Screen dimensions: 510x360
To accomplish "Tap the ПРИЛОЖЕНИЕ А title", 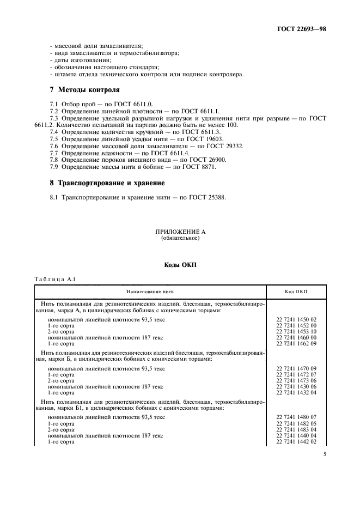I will tap(180, 232).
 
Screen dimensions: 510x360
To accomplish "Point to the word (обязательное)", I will tap(180, 239).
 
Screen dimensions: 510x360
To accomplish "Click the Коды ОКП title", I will tap(180, 265).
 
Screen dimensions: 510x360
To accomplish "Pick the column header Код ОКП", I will tap(296, 292).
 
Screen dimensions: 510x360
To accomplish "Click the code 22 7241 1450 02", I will tap(296, 319).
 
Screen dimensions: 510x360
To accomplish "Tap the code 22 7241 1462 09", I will tap(296, 344).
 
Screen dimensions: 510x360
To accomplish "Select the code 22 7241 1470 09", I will tap(296, 368).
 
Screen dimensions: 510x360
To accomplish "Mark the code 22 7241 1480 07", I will tap(296, 417).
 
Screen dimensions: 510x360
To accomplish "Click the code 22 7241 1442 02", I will tap(296, 441).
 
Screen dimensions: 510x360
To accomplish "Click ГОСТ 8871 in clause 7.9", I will tap(197, 167).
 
